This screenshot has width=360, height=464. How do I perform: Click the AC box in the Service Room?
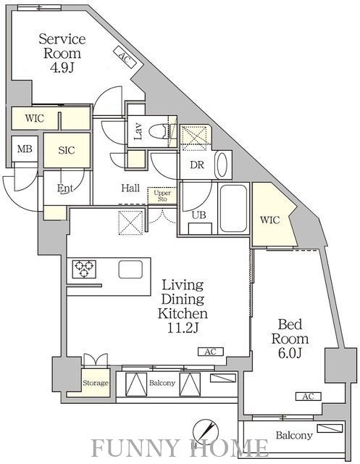coord(125,57)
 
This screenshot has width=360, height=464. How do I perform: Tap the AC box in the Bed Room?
coord(309,397)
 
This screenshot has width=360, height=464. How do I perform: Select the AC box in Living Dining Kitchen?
coord(211,352)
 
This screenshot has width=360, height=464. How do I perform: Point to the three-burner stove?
coord(84,269)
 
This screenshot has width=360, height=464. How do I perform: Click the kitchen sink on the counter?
coord(130,269)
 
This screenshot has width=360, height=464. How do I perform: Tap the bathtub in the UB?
coord(233,208)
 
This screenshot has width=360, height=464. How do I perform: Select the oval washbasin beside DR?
coord(223,165)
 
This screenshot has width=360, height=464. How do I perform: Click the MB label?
coord(25,149)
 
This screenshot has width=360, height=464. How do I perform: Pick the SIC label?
coord(67,150)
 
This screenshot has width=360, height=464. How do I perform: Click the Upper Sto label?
coord(162,196)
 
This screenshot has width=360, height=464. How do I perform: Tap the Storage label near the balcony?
coord(96,383)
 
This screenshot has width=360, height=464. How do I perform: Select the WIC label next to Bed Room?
coord(270,220)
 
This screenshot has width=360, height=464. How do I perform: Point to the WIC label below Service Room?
coord(35,118)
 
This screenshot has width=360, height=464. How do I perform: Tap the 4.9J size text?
coord(62,68)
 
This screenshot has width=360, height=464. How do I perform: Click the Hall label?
coord(130,188)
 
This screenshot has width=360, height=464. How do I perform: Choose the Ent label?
coord(65,188)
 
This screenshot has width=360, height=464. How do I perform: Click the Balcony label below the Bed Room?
coord(294,435)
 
